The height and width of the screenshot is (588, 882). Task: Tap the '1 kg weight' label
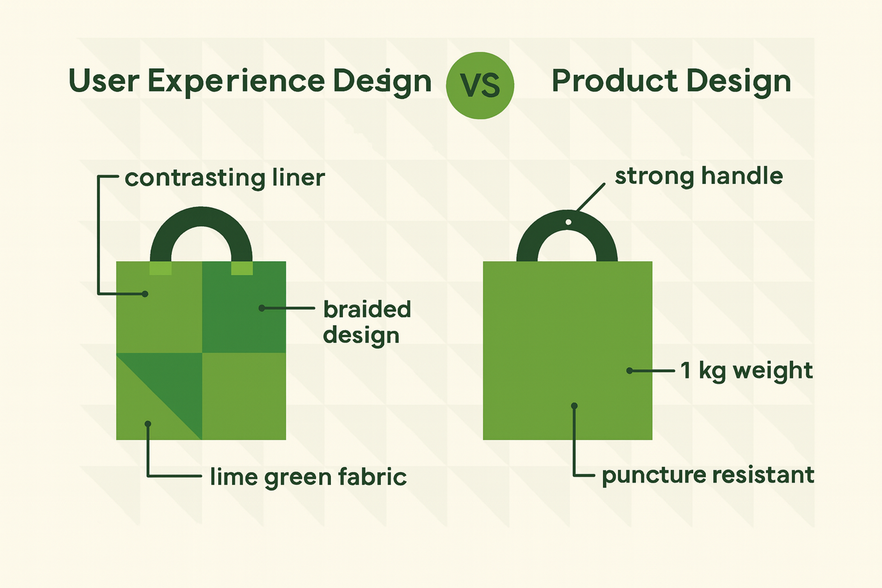pos(746,370)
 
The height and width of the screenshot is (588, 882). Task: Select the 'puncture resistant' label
pos(708,475)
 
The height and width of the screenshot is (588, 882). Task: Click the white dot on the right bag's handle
pos(568,222)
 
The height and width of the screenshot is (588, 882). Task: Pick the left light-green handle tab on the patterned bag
pos(161,268)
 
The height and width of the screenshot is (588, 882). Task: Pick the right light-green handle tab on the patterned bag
pos(242,268)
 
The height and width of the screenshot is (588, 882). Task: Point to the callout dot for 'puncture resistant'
pos(574,406)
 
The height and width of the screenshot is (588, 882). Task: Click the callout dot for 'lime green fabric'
pos(148,424)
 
